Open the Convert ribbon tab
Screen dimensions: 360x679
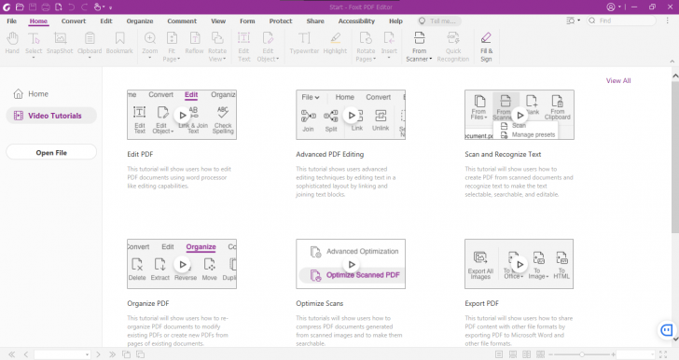(74, 21)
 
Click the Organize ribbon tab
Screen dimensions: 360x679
(140, 21)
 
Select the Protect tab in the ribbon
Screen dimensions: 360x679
(280, 21)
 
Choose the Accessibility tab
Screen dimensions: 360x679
(356, 21)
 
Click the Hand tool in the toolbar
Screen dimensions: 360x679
(13, 43)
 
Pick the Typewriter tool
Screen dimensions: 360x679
(305, 43)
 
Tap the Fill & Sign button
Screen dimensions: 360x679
(486, 43)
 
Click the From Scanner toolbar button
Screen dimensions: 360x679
(419, 43)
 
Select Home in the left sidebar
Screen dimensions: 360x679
(37, 94)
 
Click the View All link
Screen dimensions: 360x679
(618, 81)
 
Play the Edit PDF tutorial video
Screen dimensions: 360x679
(182, 115)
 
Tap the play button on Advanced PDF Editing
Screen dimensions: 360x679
(351, 115)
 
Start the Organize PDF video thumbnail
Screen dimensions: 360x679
(182, 264)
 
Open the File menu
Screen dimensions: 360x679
(11, 21)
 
